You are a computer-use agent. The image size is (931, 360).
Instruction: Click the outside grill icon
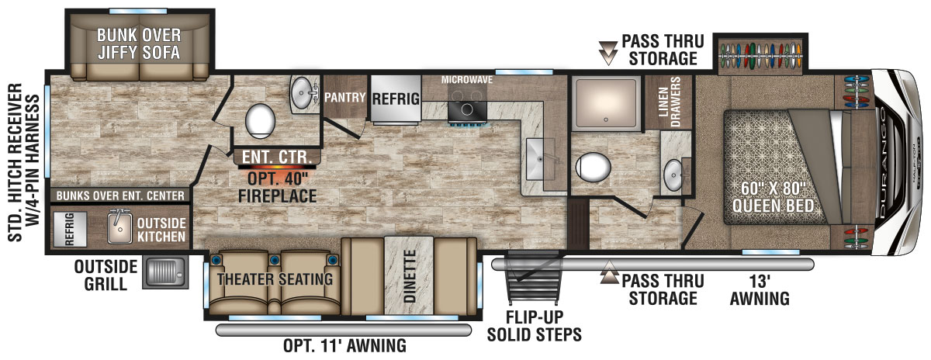click(165, 272)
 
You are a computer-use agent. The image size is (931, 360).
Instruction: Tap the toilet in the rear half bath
click(260, 121)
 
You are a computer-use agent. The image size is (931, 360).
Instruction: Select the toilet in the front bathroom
click(593, 167)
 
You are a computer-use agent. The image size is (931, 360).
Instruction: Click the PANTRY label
click(344, 98)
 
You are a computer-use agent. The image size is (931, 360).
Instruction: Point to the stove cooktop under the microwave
click(467, 109)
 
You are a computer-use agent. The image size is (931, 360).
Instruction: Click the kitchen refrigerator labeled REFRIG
click(396, 99)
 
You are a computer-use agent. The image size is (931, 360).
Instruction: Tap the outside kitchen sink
click(119, 227)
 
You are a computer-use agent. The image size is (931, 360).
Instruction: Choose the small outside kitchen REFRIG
click(70, 229)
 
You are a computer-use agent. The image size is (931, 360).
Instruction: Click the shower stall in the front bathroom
click(606, 102)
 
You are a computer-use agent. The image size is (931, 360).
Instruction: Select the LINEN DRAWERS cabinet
click(668, 102)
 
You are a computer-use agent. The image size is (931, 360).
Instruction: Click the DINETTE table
click(409, 275)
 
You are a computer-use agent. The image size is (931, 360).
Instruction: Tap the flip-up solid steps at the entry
click(534, 278)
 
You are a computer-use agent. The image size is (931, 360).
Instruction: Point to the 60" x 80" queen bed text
click(773, 197)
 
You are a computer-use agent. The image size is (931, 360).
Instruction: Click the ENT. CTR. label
click(277, 157)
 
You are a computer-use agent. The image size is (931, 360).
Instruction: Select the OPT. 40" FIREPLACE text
click(277, 187)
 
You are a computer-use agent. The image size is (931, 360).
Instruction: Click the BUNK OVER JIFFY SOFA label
click(139, 44)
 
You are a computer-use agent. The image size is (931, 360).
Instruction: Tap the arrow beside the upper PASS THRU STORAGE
click(607, 54)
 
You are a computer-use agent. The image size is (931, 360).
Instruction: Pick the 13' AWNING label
click(760, 290)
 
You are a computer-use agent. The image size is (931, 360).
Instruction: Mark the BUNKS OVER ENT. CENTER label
click(120, 196)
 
